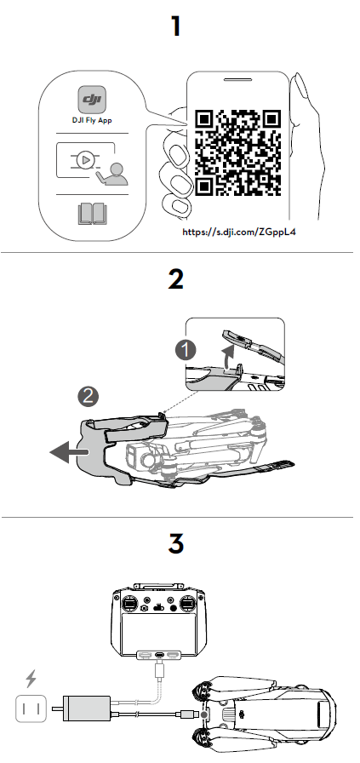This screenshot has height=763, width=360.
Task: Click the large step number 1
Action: point(176,26)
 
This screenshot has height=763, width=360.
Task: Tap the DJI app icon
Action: point(92,100)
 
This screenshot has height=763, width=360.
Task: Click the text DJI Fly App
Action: point(92,120)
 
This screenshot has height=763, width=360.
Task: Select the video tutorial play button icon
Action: point(86,158)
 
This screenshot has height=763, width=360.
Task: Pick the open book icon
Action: point(92,214)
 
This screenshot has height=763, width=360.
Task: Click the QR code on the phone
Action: point(238,152)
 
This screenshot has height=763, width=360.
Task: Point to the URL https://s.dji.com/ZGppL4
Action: point(239,232)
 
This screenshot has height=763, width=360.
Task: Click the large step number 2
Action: point(175,280)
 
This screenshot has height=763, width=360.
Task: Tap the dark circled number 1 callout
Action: point(186,350)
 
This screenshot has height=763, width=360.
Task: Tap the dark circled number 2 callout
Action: point(88,397)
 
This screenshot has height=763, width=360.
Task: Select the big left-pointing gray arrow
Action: point(70,452)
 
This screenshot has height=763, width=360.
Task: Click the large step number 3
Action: point(175,544)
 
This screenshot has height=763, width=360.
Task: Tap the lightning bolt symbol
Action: point(31,679)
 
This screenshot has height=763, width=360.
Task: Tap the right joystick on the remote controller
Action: point(187,604)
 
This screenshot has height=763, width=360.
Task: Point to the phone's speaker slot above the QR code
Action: point(237,79)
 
